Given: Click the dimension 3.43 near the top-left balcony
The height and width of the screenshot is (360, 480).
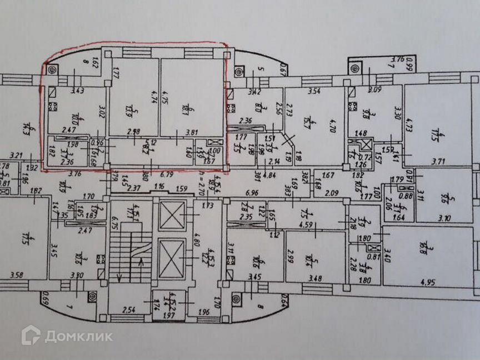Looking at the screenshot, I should [62, 91].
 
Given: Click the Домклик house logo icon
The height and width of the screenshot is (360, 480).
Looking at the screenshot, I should [31, 335].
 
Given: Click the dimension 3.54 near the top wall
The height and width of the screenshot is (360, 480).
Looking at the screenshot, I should [315, 90].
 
